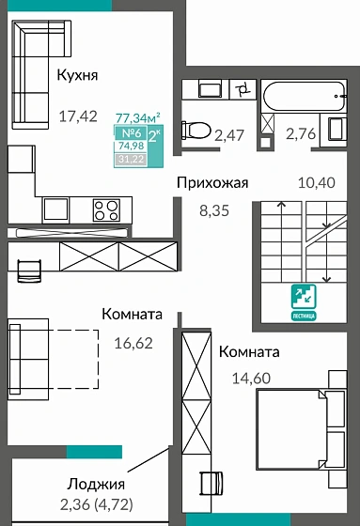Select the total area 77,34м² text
137,117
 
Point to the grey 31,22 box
131,159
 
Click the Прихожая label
212,182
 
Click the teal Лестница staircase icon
305,300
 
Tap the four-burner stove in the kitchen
104,209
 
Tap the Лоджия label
96,485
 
